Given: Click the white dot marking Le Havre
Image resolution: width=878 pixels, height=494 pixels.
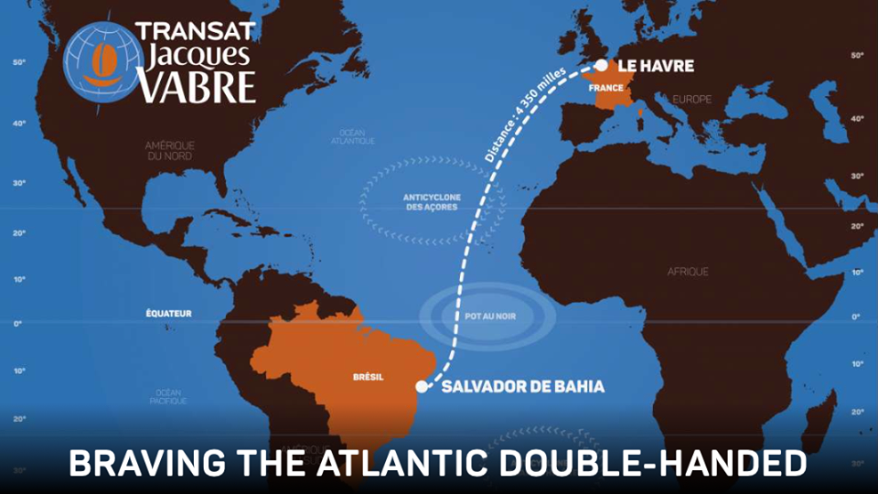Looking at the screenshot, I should coord(601,66).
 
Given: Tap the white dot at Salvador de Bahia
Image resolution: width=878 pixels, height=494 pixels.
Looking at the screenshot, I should coord(422,387).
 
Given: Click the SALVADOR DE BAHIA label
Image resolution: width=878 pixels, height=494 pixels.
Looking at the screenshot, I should coord(523,387).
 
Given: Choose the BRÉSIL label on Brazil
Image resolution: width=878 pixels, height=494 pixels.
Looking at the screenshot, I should coord(368,376).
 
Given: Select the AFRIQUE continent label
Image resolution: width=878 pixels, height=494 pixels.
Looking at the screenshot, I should coord(688,272).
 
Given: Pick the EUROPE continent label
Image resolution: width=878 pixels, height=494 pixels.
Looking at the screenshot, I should coord(691,99).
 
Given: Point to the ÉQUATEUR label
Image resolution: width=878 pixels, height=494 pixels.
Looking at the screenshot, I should coord(169,314).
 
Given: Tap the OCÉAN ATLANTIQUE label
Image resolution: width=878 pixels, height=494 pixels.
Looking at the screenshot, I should coord(351,136).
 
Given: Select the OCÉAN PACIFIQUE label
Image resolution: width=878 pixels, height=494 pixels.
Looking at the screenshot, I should coord(168,396).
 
